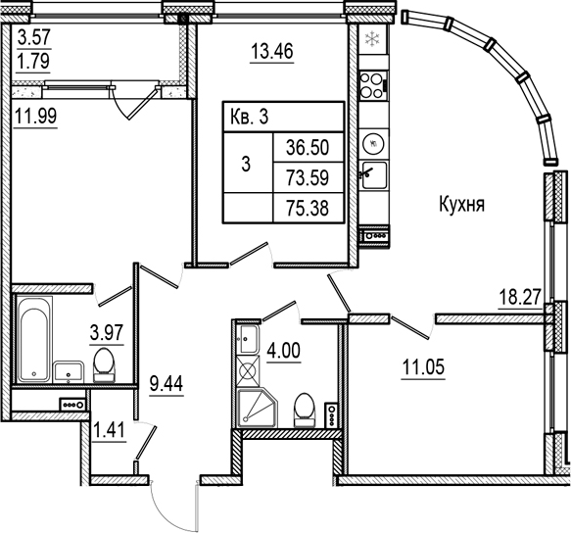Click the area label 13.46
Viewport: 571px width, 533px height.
(x=273, y=51)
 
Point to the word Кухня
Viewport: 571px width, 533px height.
(x=461, y=205)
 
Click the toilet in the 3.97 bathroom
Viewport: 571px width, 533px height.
(x=104, y=366)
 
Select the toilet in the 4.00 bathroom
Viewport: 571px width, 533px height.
(x=305, y=408)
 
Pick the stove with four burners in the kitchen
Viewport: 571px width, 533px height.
(x=371, y=85)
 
